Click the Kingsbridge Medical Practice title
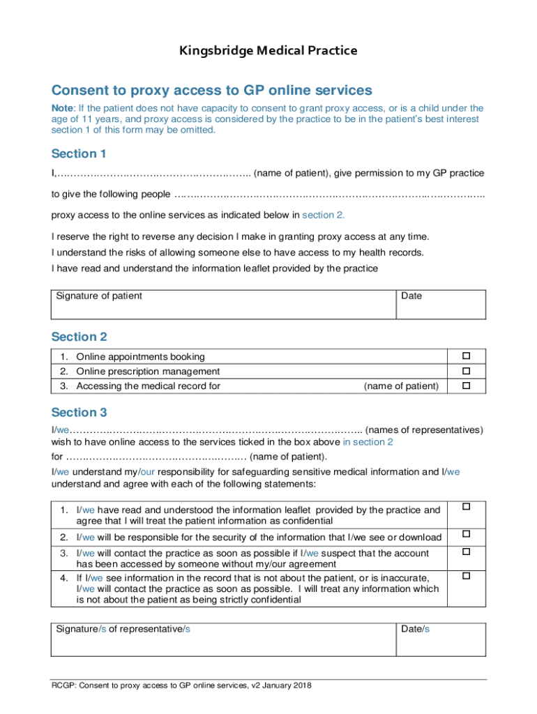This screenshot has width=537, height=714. (x=268, y=50)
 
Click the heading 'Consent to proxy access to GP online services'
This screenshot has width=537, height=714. (x=211, y=90)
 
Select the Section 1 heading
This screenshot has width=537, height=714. (x=79, y=153)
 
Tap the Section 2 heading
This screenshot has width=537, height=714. (x=79, y=337)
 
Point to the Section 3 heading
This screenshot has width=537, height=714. (x=79, y=412)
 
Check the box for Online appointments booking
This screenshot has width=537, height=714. (x=467, y=356)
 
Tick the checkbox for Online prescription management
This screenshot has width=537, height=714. (x=467, y=371)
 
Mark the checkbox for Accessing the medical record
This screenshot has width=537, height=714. (x=467, y=386)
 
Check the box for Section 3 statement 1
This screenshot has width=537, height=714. (x=467, y=506)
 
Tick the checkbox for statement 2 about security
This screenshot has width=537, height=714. (x=467, y=534)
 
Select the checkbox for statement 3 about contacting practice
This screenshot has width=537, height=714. (x=467, y=552)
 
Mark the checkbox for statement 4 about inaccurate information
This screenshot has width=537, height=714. (x=467, y=576)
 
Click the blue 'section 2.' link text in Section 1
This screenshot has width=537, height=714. (x=323, y=215)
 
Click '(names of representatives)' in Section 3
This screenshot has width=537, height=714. (x=423, y=430)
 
